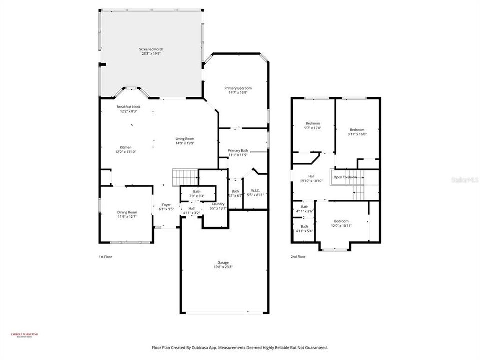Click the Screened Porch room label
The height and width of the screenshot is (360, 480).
pyautogui.click(x=151, y=49)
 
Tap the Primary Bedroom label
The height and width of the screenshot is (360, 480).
pyautogui.click(x=238, y=88)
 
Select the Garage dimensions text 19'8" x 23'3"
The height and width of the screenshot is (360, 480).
pyautogui.click(x=223, y=267)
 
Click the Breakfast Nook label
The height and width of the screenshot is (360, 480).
pyautogui.click(x=129, y=107)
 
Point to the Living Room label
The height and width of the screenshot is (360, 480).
pyautogui.click(x=185, y=139)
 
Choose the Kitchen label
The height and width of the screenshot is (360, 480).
pyautogui.click(x=126, y=147)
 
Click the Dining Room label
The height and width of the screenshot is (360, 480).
pyautogui.click(x=127, y=212)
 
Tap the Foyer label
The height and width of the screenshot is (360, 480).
pyautogui.click(x=166, y=205)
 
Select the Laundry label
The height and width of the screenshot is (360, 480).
pyautogui.click(x=218, y=204)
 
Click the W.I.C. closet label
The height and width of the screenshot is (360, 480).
pyautogui.click(x=255, y=190)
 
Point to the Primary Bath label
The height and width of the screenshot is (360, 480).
pyautogui.click(x=238, y=150)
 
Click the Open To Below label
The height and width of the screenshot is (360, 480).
pyautogui.click(x=345, y=177)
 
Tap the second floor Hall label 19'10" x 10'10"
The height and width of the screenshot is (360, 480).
pyautogui.click(x=311, y=176)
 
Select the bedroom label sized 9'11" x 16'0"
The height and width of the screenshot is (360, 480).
pyautogui.click(x=357, y=130)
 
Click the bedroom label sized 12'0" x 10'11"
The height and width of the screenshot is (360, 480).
pyautogui.click(x=341, y=221)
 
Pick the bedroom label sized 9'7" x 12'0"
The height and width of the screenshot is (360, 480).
pyautogui.click(x=313, y=123)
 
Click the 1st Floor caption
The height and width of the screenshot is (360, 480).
pyautogui.click(x=105, y=257)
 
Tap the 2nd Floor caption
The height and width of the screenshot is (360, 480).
pyautogui.click(x=298, y=257)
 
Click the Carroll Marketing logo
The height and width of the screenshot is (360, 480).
pyautogui.click(x=24, y=335)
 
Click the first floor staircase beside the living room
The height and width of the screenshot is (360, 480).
pyautogui.click(x=183, y=177)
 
